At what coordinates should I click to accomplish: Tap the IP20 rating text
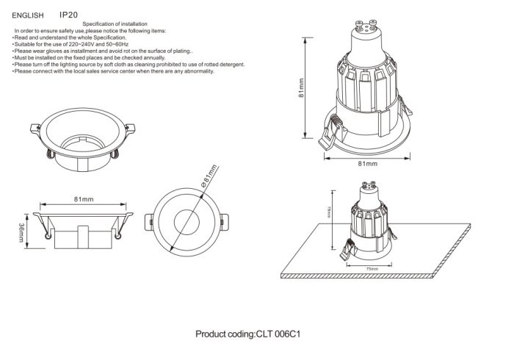click(69, 14)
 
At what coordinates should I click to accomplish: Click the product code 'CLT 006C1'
click(279, 334)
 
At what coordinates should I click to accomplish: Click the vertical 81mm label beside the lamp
click(303, 92)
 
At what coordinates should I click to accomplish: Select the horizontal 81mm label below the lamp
click(367, 163)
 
